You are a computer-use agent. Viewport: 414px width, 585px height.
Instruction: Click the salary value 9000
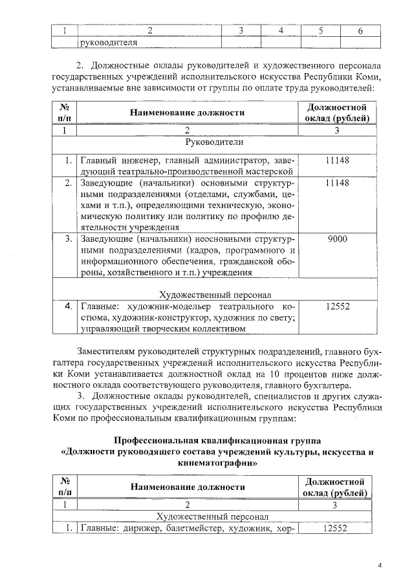tap(338, 239)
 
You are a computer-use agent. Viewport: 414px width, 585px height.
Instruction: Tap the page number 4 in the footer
tap(380, 567)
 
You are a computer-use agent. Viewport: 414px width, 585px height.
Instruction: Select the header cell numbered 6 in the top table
tap(360, 30)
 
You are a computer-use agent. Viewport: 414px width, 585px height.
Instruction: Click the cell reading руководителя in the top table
tap(108, 43)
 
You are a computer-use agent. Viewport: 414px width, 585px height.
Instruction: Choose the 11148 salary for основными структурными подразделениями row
tap(338, 184)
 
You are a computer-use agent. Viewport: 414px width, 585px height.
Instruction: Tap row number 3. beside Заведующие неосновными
tap(67, 239)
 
